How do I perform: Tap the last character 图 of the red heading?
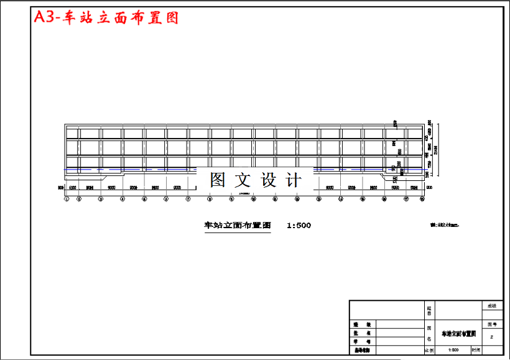[172, 18]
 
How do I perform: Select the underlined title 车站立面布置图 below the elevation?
[238, 225]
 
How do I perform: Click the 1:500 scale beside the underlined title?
[299, 225]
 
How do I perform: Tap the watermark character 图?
[218, 180]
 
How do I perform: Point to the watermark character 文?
[242, 180]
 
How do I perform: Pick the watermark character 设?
[268, 180]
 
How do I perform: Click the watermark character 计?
[293, 180]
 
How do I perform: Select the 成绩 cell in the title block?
[491, 306]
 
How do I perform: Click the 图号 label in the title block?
[491, 324]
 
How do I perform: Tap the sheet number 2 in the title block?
[491, 336]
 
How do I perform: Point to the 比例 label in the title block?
[429, 351]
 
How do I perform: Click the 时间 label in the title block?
[476, 351]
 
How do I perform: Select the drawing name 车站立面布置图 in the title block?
[458, 334]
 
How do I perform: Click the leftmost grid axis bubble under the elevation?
[67, 199]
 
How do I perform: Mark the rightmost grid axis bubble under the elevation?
[422, 199]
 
